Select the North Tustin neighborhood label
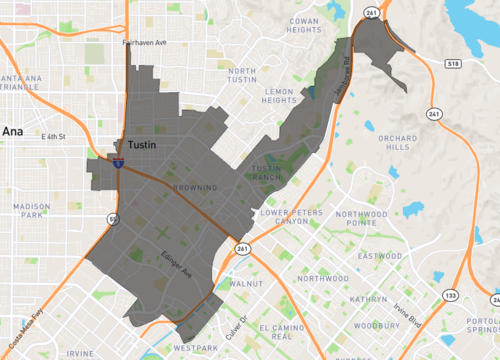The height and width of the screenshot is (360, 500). click(x=249, y=78)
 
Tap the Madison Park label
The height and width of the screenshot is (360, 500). click(x=34, y=209)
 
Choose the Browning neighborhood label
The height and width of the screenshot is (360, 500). click(x=193, y=187)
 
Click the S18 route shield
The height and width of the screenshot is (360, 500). click(x=452, y=62)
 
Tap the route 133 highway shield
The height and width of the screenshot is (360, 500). click(x=451, y=295)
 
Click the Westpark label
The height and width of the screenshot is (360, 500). click(x=193, y=347)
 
